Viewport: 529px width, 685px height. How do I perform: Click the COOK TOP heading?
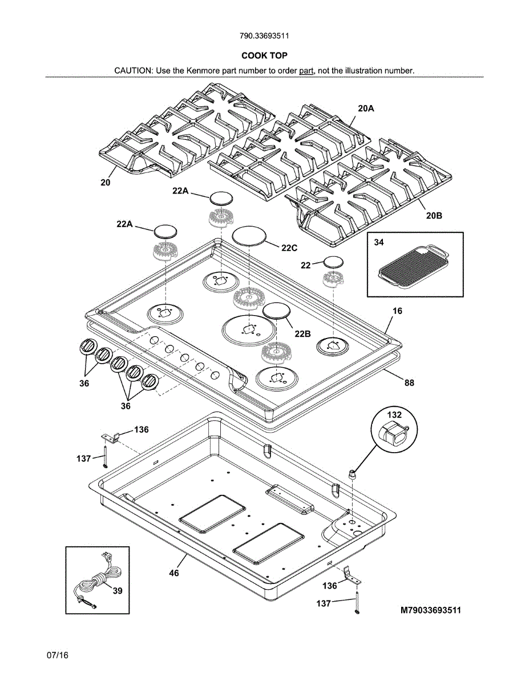coord(264,55)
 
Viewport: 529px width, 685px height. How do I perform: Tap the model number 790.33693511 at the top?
coord(264,36)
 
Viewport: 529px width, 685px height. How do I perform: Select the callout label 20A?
coord(366,108)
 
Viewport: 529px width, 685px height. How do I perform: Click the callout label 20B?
coord(434,216)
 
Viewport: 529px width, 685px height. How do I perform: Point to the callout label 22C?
coord(289,248)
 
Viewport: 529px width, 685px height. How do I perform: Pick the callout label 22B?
coord(303,333)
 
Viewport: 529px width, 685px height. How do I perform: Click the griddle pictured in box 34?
coord(414,267)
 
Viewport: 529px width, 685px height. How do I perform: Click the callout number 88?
coord(409,382)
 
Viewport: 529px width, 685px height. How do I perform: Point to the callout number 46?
coord(174,573)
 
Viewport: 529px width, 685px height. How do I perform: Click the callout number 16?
coord(397,311)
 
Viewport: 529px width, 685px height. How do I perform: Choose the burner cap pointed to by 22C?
coord(249,235)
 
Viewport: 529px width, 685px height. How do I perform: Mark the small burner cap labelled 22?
coord(334,262)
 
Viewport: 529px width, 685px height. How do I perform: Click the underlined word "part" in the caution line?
coord(306,71)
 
